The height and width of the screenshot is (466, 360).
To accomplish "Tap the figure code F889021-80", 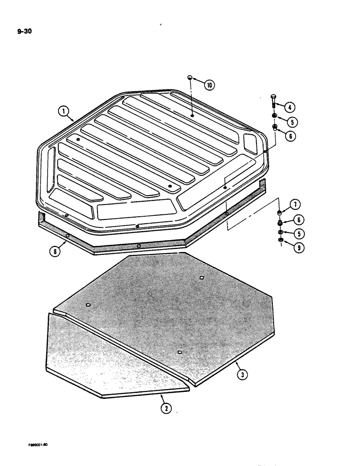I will pos(40,445).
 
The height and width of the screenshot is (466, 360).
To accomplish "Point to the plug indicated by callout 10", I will pos(190,78).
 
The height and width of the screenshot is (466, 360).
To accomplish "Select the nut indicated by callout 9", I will pos(280,240).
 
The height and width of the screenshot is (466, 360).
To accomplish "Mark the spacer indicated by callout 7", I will pos(281,213).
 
